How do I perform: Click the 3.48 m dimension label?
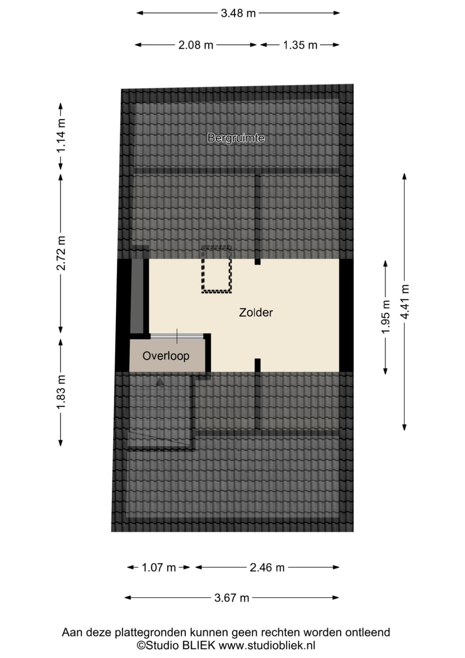pos(238,13)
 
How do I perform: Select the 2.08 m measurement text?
pos(196,45)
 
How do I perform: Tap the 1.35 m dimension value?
pos(300,45)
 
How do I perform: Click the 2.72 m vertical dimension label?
pos(61,253)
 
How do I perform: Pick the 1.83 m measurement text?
pos(61,392)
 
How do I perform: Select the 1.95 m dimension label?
pos(386,316)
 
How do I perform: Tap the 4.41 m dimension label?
pos(405,302)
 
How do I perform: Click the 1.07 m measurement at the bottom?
pos(159,567)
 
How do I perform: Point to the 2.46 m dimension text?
pos(267,567)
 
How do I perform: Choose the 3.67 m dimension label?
pos(231,597)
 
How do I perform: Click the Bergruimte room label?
pos(236,138)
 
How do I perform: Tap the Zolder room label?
pos(256,312)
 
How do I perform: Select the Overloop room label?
pos(166,356)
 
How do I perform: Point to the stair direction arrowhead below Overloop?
pos(159,382)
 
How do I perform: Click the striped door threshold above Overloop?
pos(177,336)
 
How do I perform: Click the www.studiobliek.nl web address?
pos(267,645)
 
